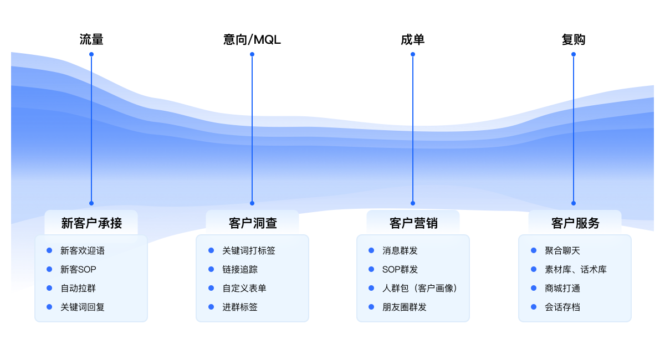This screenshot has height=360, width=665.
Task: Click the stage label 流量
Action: point(91,40)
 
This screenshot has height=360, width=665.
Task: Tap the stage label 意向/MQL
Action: point(252,40)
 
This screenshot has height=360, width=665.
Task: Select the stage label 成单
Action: point(412,40)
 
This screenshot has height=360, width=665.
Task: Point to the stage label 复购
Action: point(573,40)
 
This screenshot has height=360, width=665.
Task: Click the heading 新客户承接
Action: point(91,223)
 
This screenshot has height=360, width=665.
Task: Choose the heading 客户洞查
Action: point(252,223)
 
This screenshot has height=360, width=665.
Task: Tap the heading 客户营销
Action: point(413,223)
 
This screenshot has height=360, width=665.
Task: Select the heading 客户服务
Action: point(575,223)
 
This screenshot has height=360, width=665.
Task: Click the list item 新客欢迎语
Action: point(83,250)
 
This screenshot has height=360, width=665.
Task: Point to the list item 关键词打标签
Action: point(249,250)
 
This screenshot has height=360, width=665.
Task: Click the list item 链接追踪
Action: point(240,269)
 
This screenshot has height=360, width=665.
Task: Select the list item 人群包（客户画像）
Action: point(420,288)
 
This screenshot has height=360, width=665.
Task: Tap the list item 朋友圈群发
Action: point(405,307)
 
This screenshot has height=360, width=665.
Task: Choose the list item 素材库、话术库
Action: point(576,269)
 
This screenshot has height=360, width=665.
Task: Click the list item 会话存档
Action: point(562,307)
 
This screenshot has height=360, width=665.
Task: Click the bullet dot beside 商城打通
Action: point(534,288)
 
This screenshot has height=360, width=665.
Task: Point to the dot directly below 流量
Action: point(91,54)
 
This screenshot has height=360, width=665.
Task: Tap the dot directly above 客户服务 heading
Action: point(574,203)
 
